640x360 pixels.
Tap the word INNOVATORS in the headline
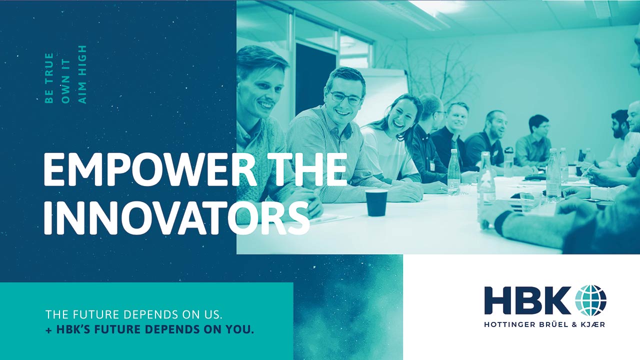pos(177,218)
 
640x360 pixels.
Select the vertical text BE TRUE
pos(49,77)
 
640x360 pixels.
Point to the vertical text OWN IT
pos(65,81)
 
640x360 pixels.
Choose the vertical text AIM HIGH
pos(82,74)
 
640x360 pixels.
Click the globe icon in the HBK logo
pos(590,300)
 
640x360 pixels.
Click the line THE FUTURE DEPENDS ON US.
pos(133,314)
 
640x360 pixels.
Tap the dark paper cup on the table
pos(376,202)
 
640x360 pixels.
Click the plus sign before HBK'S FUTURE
pos(49,330)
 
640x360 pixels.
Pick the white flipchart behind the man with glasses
pos(383,94)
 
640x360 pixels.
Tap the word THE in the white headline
pos(306,169)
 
